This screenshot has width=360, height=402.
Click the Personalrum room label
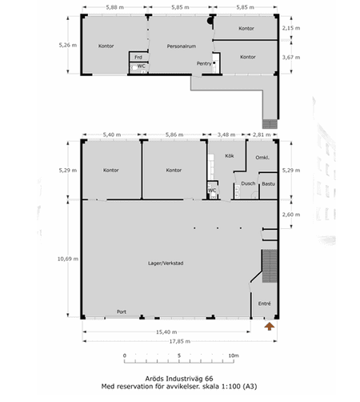(182, 46)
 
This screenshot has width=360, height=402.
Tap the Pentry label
(204, 63)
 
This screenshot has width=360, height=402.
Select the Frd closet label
(138, 57)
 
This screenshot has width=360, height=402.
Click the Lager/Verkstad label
(166, 263)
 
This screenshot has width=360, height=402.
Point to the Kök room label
(230, 155)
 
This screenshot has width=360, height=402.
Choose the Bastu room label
(268, 183)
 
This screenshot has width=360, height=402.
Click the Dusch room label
(248, 183)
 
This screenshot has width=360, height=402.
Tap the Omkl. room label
(262, 158)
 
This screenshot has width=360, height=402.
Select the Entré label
(265, 304)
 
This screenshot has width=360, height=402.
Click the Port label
(122, 312)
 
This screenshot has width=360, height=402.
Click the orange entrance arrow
(270, 326)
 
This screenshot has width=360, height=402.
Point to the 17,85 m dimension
(180, 341)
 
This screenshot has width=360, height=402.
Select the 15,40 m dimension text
(166, 332)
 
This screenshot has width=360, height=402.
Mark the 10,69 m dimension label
(68, 259)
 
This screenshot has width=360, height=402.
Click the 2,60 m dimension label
(291, 215)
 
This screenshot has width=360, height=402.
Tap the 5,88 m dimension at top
(115, 7)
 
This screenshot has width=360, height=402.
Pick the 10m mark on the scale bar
(234, 356)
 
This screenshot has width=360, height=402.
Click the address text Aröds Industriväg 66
(179, 379)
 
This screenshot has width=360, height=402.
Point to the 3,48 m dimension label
(226, 135)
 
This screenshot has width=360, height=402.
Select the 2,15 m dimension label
(291, 28)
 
